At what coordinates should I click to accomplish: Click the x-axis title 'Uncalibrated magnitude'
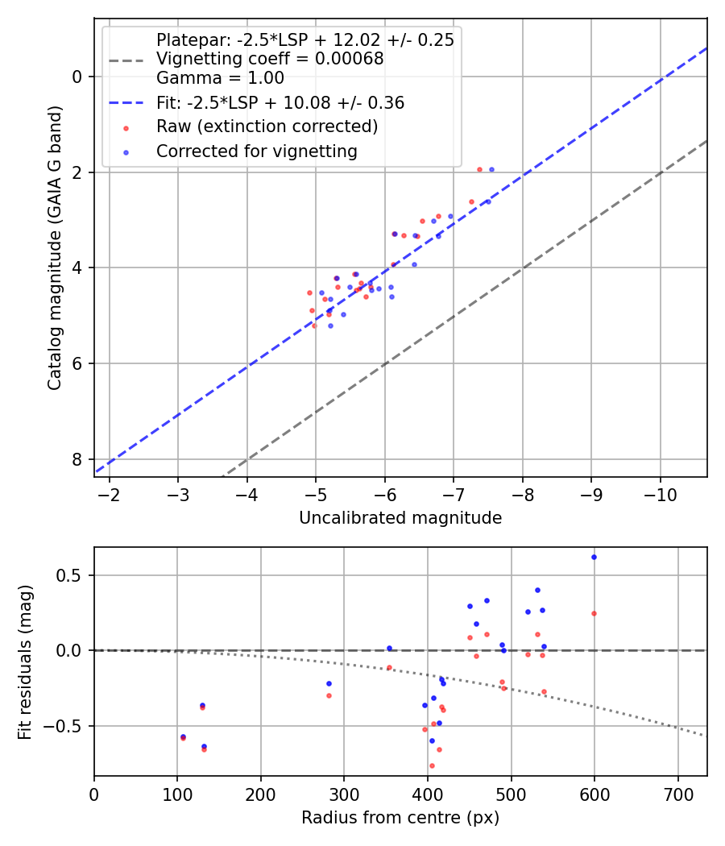pos(400,518)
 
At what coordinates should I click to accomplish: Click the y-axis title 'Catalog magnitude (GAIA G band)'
pos(55,263)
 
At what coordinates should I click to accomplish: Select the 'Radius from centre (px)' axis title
pos(400,818)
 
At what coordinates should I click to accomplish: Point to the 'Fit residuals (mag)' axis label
pos(25,661)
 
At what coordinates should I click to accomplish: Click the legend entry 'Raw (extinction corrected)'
pos(267,126)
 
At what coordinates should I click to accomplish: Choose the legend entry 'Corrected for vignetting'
pos(256,151)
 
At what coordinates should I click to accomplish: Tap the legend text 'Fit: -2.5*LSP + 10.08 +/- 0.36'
pos(280,103)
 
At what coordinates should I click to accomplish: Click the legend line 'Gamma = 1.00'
pos(220,78)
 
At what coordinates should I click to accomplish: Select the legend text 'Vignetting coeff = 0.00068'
pos(270,59)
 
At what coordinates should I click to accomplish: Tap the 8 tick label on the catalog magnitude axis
pos(77,459)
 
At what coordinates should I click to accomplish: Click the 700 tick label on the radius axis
pos(677,793)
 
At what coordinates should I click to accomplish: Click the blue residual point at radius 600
pos(594,557)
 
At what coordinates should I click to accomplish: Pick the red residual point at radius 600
pos(594,613)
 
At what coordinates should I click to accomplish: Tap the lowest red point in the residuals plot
pos(432,765)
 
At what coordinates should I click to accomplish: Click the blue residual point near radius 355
pos(389,648)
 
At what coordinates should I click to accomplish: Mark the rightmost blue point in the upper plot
pos(491,169)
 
